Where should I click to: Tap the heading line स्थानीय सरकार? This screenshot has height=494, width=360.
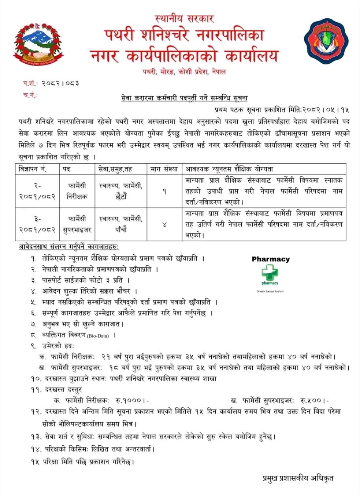(x=184, y=18)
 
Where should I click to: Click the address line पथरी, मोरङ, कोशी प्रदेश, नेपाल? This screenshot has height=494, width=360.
(x=184, y=72)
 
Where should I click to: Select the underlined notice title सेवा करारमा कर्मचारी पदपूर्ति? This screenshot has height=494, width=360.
(x=184, y=98)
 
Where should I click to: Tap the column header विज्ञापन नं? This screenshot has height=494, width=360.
(x=33, y=169)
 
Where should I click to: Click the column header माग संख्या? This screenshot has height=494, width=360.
(x=164, y=169)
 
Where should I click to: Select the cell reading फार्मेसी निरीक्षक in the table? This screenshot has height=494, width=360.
(x=77, y=191)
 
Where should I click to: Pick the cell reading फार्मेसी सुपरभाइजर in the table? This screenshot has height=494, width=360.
(x=77, y=224)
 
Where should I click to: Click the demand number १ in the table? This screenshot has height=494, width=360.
(x=164, y=191)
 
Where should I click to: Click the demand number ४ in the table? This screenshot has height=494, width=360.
(x=164, y=224)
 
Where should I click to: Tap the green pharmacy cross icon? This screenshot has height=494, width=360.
(x=270, y=273)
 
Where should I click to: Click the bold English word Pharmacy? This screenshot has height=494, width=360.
(x=271, y=259)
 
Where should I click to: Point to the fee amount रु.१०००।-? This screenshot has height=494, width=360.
(x=133, y=400)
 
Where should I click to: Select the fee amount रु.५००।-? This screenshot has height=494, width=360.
(x=315, y=400)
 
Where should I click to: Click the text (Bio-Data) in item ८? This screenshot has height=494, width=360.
(x=98, y=336)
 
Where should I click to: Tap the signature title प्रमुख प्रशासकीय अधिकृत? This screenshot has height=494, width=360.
(x=298, y=478)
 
